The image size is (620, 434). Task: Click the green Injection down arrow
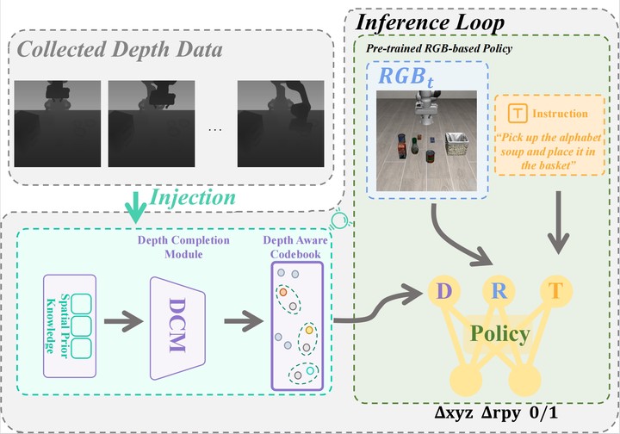pos(136,208)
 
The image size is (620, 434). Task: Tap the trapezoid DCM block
pos(177,328)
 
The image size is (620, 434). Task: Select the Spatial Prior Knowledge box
pos(70,326)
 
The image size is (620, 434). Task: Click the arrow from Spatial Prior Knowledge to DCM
pos(123,321)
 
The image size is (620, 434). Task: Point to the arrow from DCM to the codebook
pos(244,321)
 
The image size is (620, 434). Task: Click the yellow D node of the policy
pos(444,291)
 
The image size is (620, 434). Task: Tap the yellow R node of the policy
pos(499,291)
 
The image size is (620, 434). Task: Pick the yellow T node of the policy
pos(556,291)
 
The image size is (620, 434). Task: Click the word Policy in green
pos(500,334)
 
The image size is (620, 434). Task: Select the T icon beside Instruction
pos(518,113)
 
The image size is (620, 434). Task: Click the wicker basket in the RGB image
pos(456,145)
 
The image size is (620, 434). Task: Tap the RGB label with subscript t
pos(406,77)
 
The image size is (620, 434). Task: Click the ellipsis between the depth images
pos(214,129)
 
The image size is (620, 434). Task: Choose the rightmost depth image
pos(281,124)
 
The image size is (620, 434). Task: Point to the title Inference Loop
pos(431,22)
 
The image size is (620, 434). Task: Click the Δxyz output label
pos(454,413)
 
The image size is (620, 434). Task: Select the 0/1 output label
pos(543,413)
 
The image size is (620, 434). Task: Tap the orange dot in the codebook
pos(283,292)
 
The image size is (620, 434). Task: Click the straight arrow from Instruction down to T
pos(558,222)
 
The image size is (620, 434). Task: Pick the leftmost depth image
pos(58,124)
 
